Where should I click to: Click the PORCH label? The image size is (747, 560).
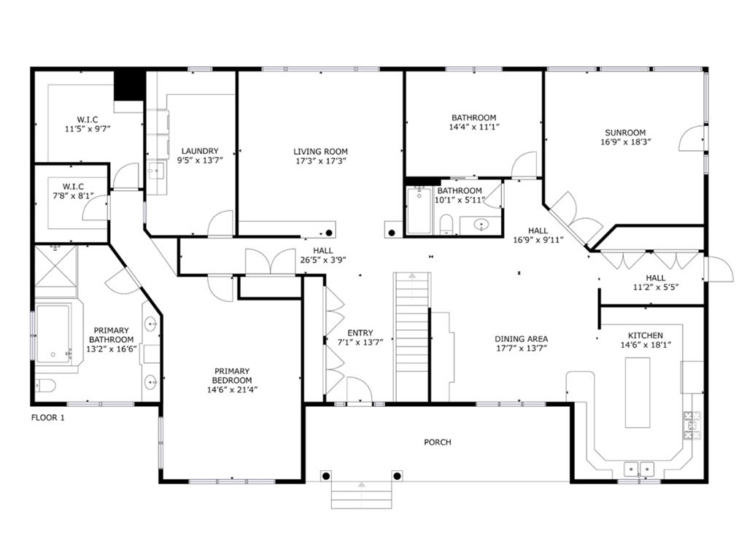tap(438, 442)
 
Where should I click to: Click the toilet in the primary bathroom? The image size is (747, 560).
tap(44, 385)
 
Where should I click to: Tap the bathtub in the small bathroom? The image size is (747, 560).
tap(419, 211)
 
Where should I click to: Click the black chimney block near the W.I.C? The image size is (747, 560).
tap(130, 84)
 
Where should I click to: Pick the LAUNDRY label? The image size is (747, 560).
tap(199, 151)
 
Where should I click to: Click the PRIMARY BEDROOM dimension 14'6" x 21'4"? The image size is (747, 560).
tap(232, 389)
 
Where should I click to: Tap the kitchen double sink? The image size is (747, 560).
tap(639, 468)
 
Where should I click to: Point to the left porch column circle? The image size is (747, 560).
tap(326, 476)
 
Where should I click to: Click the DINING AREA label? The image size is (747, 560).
tap(521, 338)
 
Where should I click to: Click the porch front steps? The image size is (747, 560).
tap(362, 498)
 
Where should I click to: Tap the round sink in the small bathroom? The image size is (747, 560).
tap(482, 225)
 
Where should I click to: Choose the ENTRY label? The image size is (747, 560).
tap(360, 332)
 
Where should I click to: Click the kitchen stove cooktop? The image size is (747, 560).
tap(691, 426)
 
